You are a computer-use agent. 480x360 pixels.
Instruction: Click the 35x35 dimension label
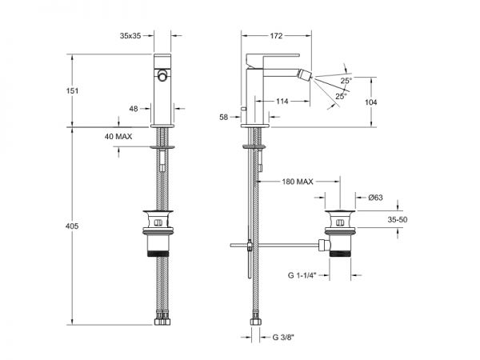[130, 36]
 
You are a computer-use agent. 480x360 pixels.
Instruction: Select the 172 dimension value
[276, 36]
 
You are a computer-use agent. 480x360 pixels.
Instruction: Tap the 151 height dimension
[72, 90]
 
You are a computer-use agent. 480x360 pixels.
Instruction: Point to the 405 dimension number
[72, 226]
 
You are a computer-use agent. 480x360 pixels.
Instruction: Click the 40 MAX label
[118, 137]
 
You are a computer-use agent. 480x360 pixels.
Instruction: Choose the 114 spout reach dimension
[282, 101]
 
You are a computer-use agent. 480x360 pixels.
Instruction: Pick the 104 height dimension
[370, 102]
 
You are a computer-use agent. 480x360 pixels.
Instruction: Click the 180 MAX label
[298, 182]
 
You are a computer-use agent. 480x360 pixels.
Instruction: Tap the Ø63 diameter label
[375, 198]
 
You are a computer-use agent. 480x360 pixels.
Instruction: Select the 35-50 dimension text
[398, 219]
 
